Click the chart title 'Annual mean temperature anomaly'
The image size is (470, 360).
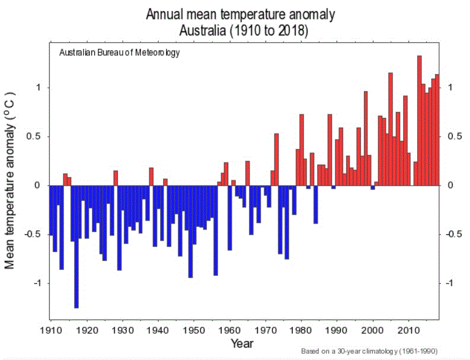click(241, 14)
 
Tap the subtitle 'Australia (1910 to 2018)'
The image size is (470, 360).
click(244, 31)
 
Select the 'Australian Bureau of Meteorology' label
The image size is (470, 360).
click(119, 53)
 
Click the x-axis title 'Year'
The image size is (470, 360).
click(242, 343)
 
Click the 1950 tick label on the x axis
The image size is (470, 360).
click(194, 330)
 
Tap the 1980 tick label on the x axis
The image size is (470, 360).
click(301, 330)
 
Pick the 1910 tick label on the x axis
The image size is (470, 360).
click(51, 330)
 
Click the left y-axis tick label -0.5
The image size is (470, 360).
click(33, 234)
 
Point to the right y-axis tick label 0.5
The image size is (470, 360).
click(455, 136)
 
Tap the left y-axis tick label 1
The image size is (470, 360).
click(38, 87)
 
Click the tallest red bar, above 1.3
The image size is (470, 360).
click(420, 120)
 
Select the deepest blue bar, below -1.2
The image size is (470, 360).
click(76, 247)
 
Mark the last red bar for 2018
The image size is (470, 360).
click(437, 130)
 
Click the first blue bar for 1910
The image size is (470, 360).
click(51, 211)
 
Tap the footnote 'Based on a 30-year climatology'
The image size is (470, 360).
click(369, 351)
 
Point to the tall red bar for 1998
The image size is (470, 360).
click(366, 138)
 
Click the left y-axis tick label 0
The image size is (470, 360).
click(37, 185)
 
